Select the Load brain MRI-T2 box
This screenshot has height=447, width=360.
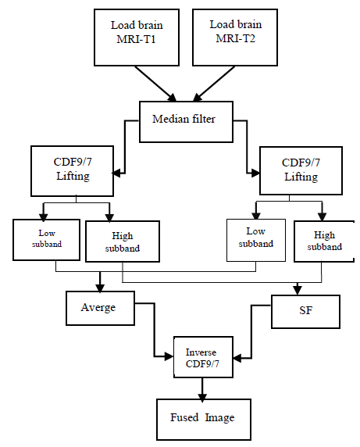[233, 38]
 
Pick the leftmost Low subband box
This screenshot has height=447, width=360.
[47, 239]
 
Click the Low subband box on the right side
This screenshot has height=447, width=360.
[255, 239]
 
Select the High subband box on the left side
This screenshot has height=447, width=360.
[122, 241]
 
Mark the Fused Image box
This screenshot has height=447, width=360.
[201, 418]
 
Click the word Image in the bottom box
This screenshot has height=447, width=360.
[219, 418]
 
